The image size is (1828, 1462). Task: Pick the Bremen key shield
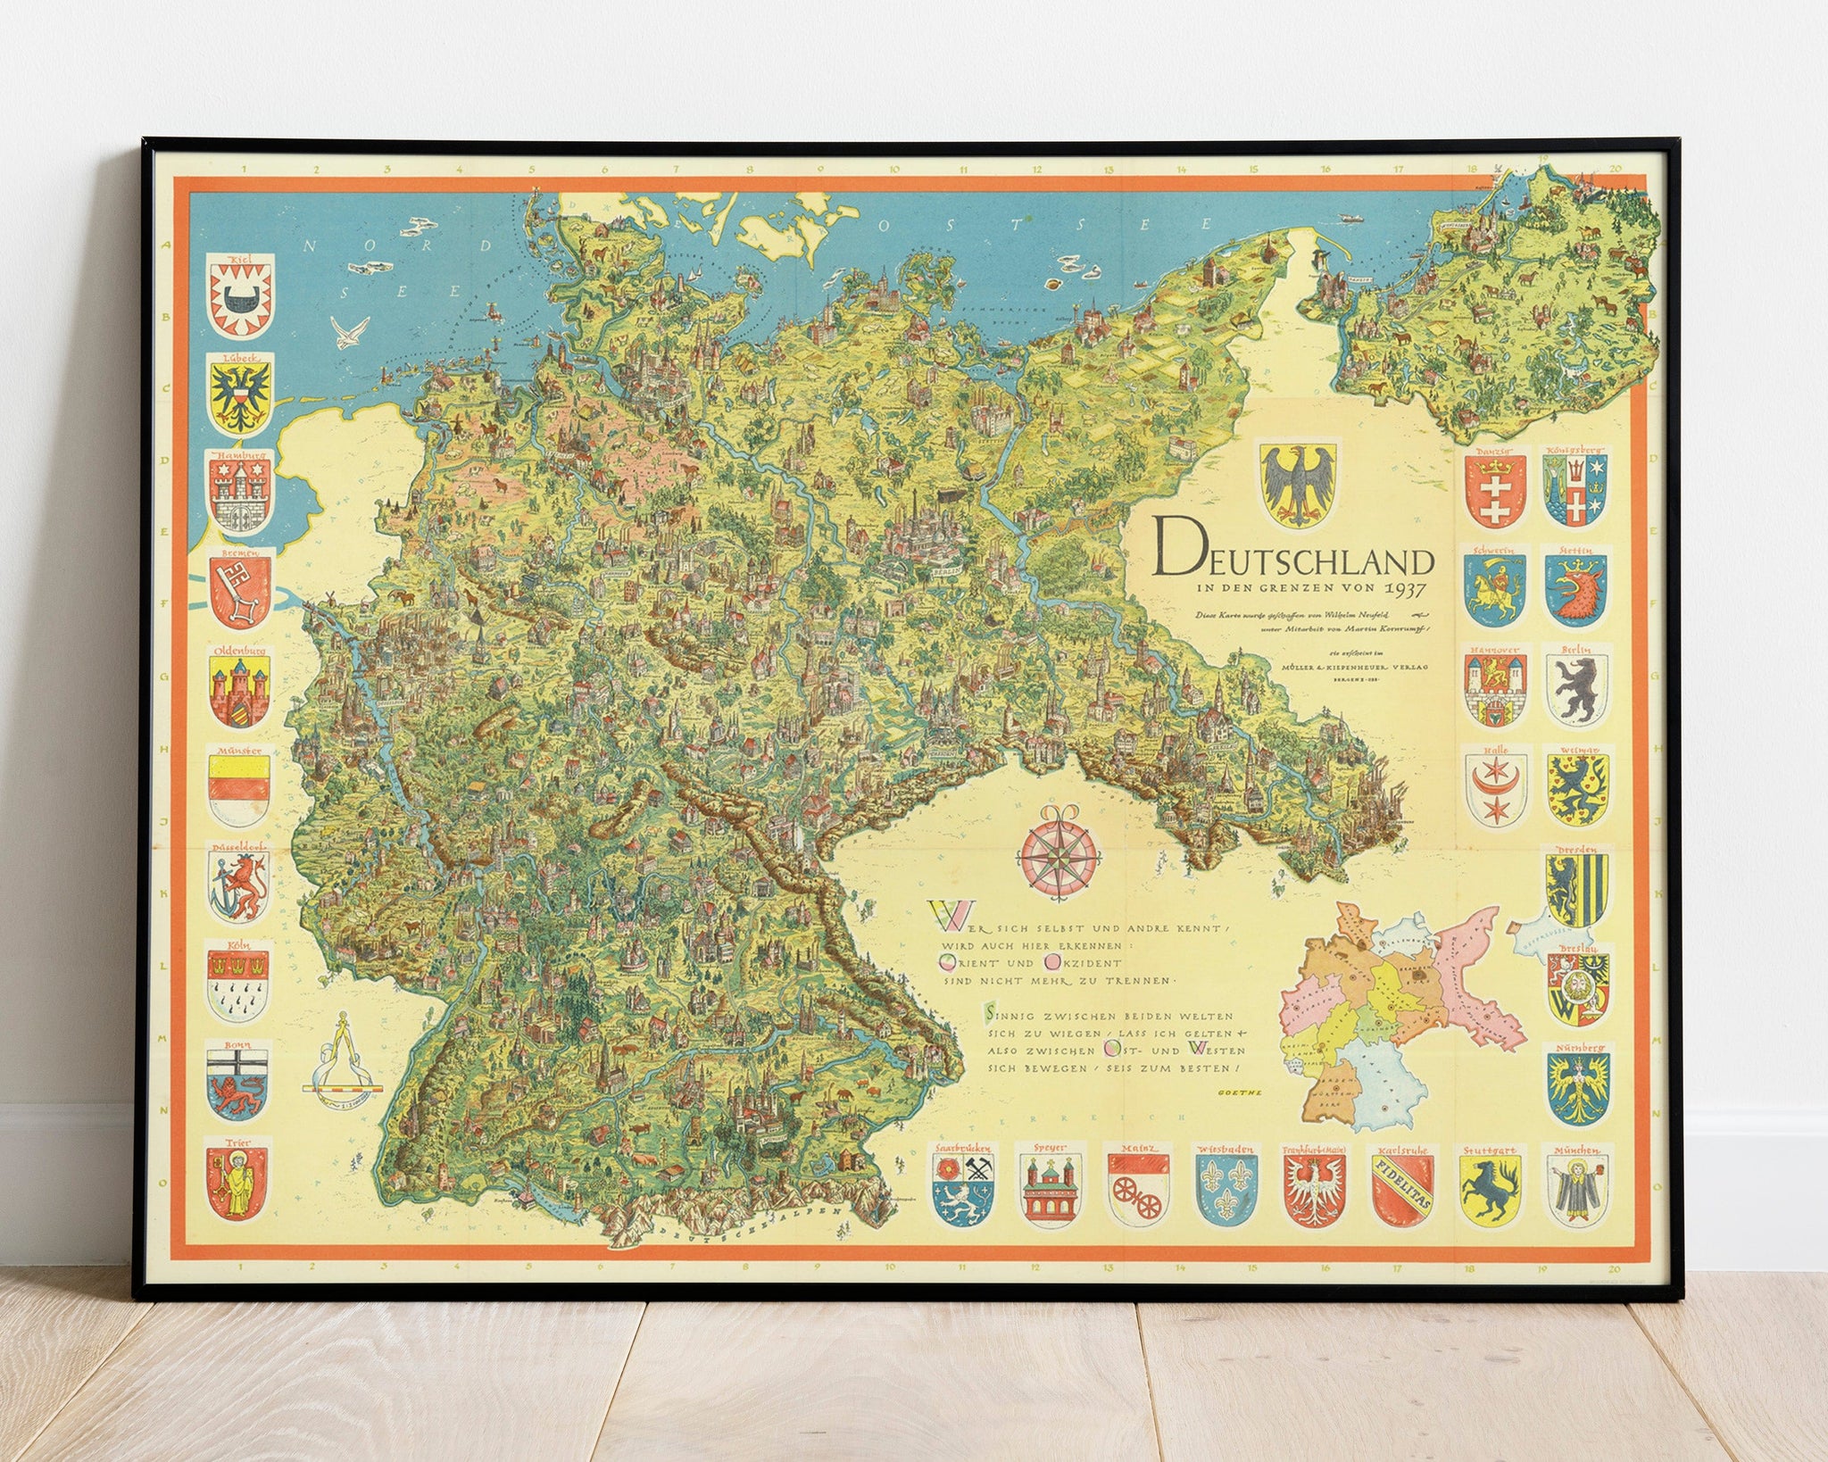click(x=239, y=593)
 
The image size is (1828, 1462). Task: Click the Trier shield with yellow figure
click(x=237, y=1182)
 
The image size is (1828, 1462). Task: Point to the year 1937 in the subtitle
click(x=1405, y=589)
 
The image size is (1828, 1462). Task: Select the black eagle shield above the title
click(x=1298, y=483)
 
